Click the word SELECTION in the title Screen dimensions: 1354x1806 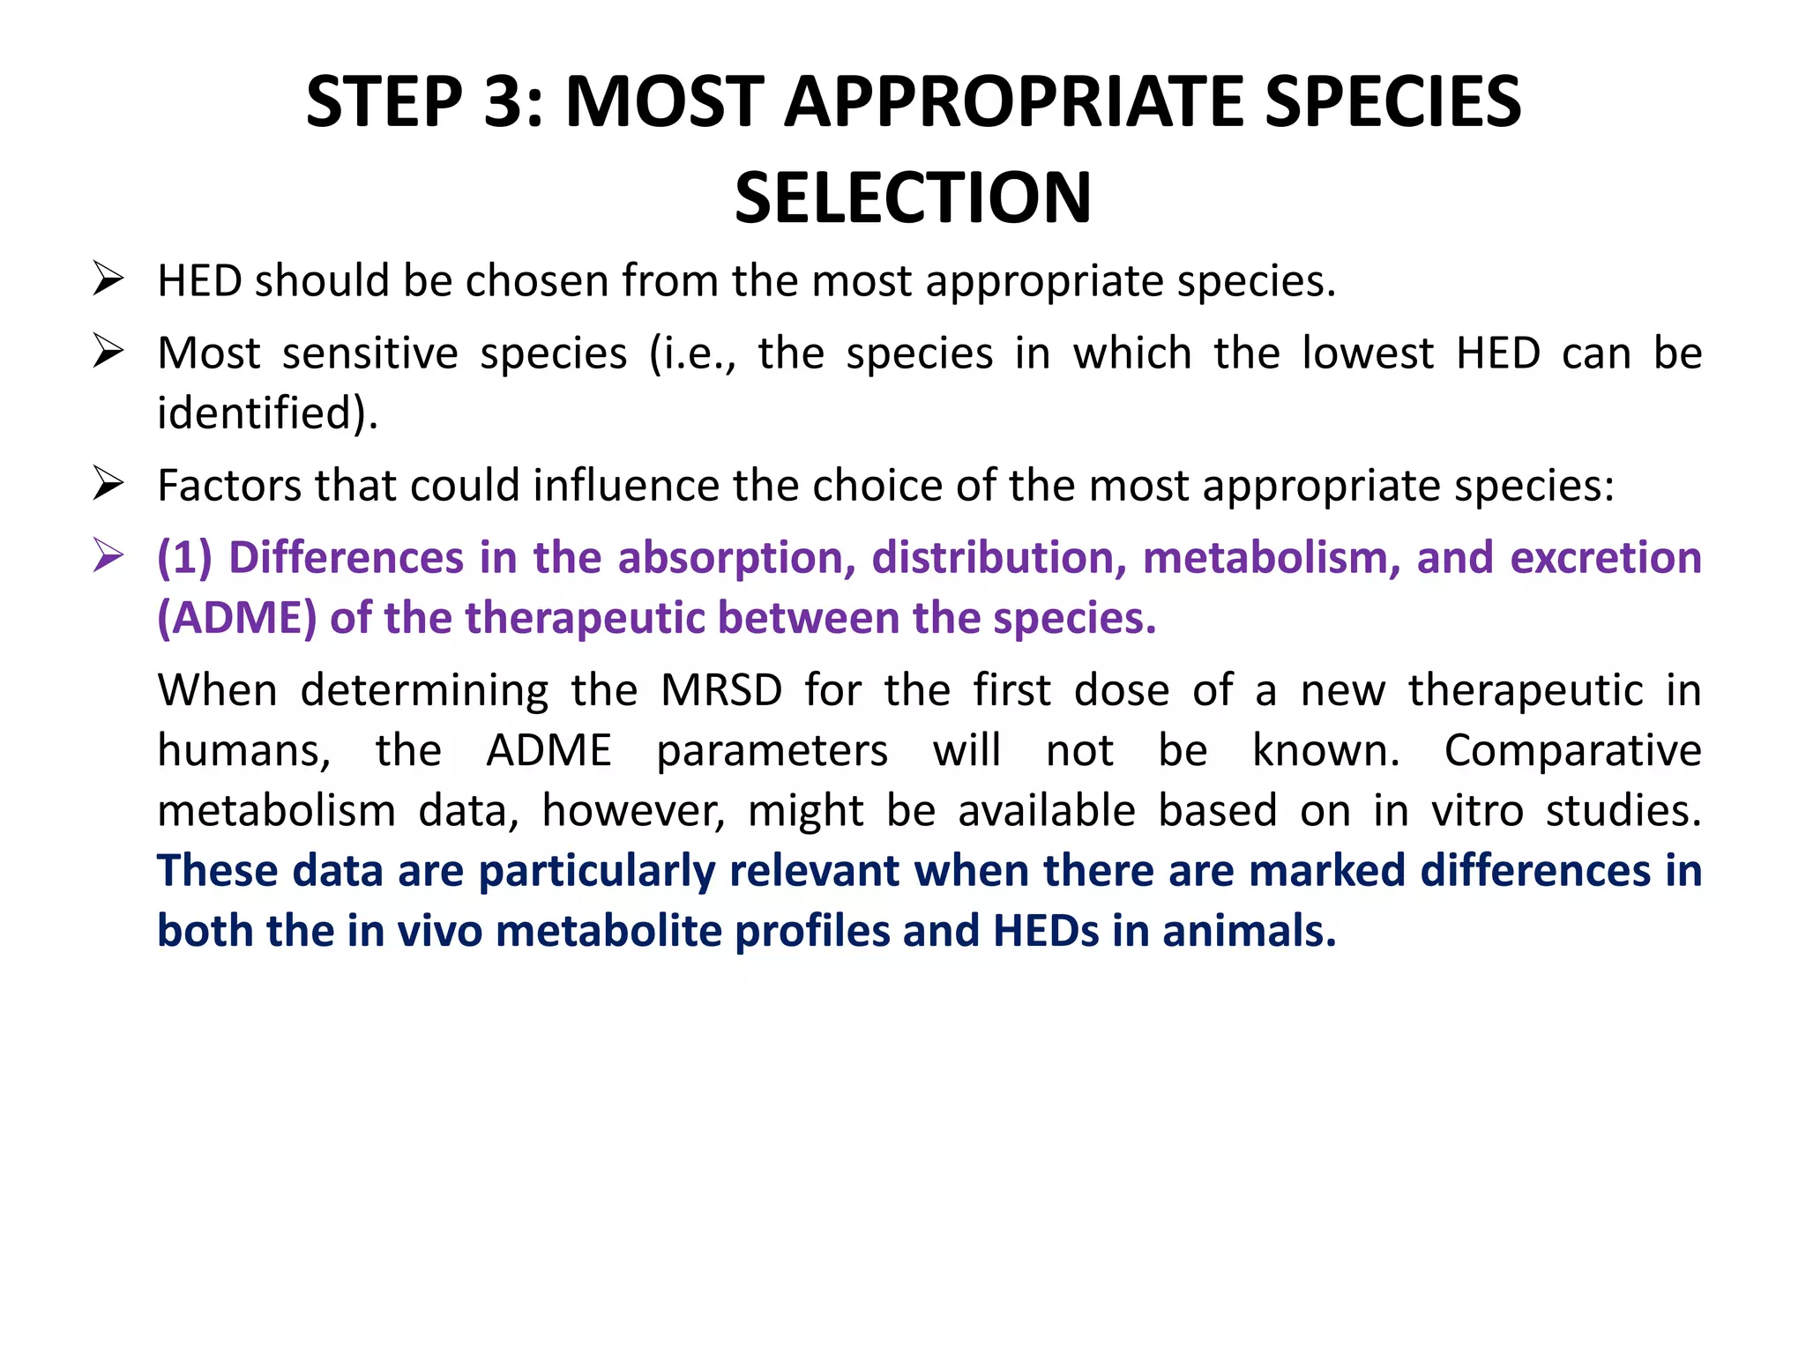[913, 198]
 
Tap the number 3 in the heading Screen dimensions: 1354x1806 [505, 102]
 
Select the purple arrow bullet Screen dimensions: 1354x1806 [108, 556]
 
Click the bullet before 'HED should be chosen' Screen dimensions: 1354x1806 [108, 279]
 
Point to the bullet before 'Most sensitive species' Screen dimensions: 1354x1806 [108, 352]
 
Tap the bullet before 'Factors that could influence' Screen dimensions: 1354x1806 [108, 484]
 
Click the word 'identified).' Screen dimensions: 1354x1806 [267, 413]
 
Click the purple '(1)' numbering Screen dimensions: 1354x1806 [184, 558]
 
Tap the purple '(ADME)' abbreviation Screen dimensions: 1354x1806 [236, 618]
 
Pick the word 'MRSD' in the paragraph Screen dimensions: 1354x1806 [720, 689]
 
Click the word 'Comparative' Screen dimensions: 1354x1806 [1572, 750]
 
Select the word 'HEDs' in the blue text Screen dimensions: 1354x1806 [1046, 931]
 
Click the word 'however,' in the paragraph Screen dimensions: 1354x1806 [633, 810]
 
